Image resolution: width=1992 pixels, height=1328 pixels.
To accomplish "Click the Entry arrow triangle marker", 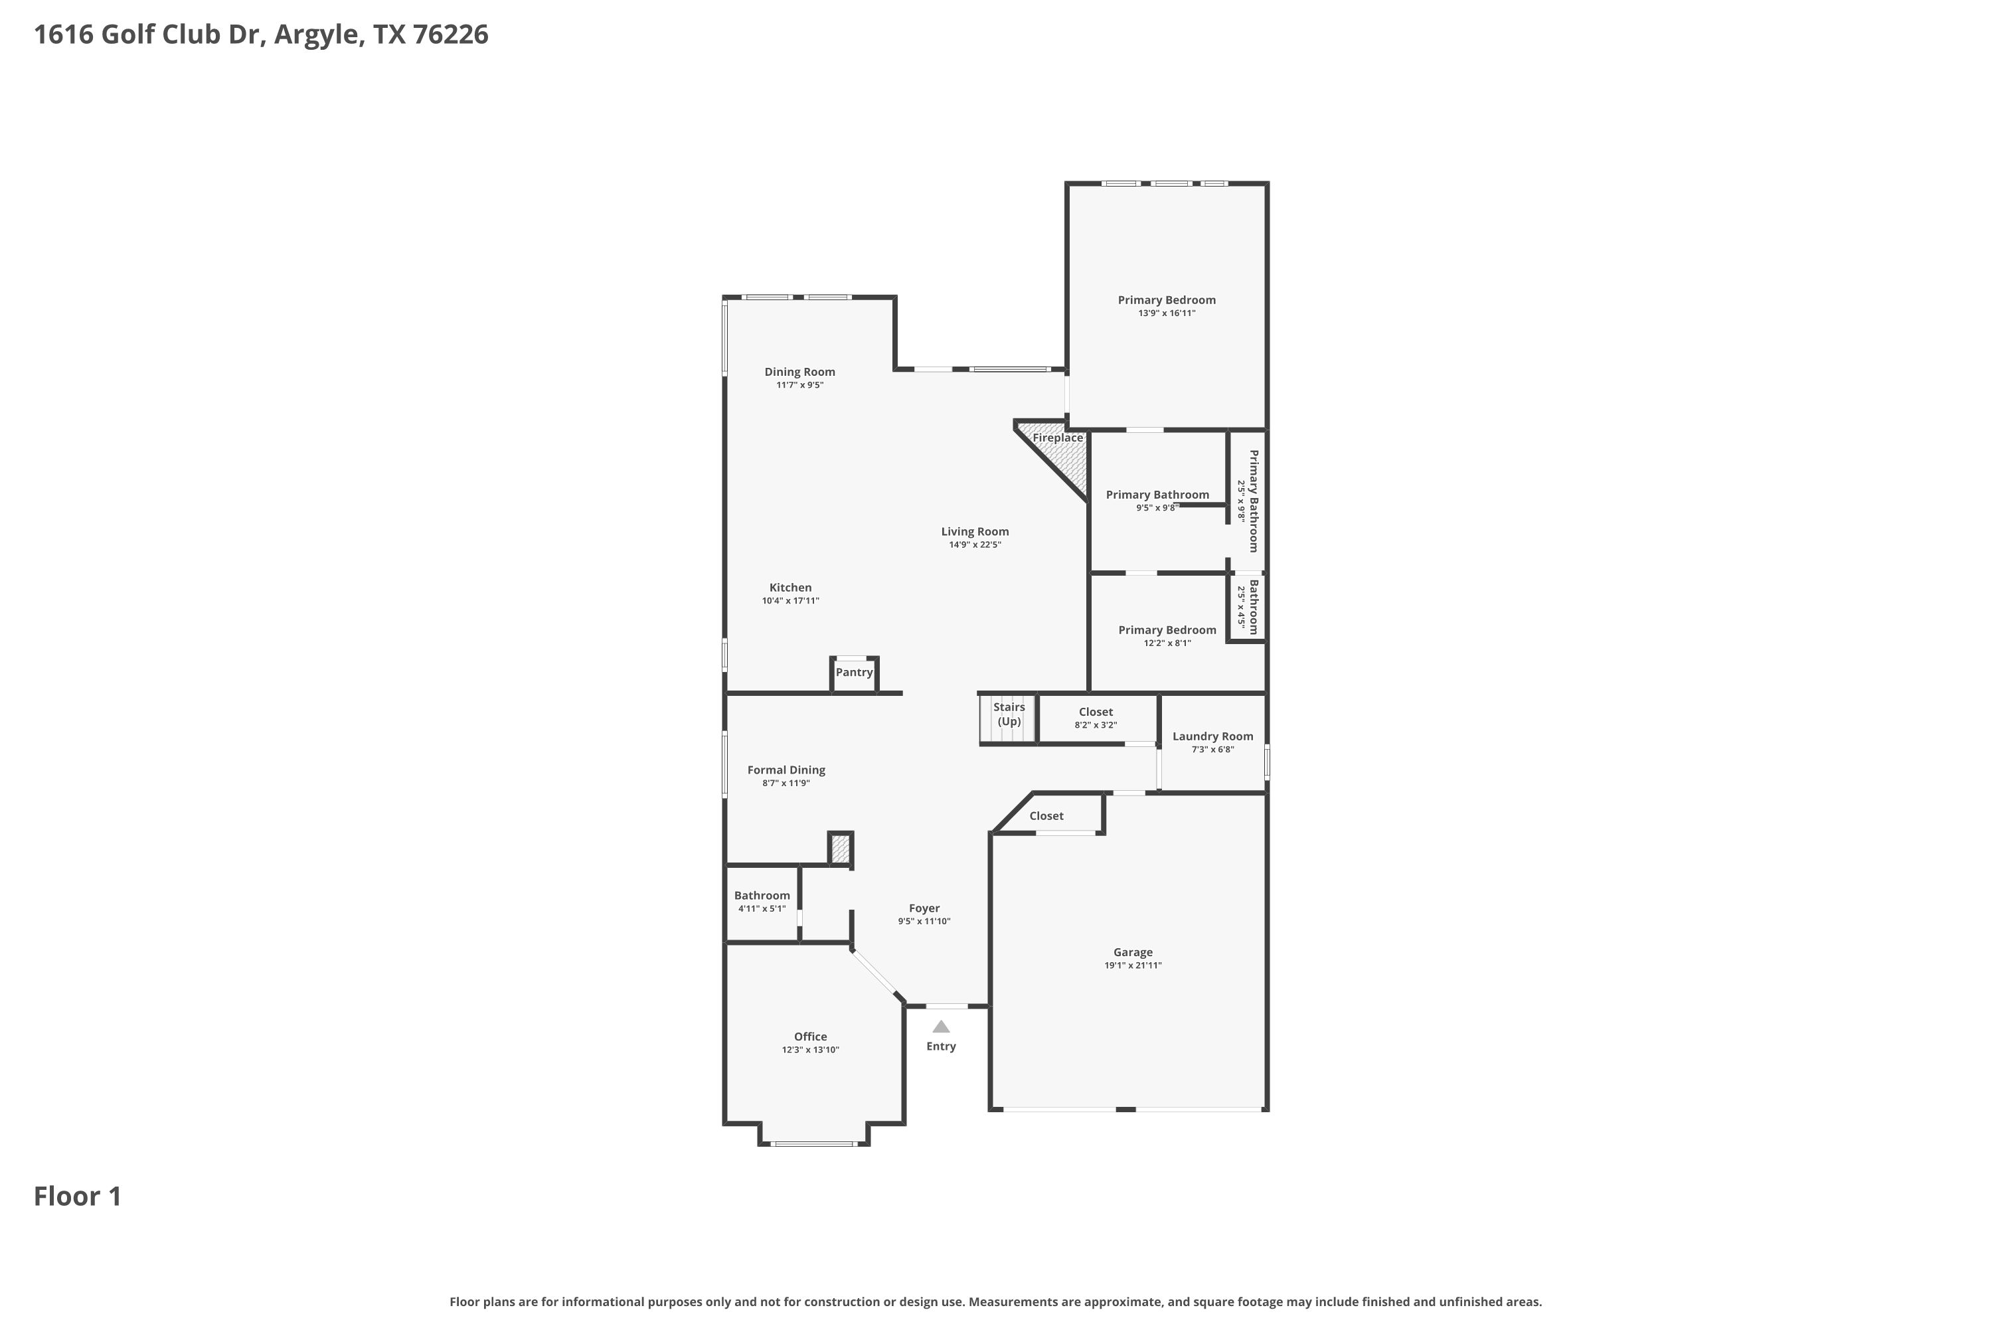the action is pyautogui.click(x=941, y=1027).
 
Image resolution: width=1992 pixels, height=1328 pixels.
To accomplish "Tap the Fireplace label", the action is pyautogui.click(x=1058, y=438).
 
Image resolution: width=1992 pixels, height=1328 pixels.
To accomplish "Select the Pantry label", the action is pyautogui.click(x=854, y=673).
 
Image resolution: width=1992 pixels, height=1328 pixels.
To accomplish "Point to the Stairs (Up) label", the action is pyautogui.click(x=1009, y=714).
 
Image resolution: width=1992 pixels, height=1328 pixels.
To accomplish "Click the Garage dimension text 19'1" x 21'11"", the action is pyautogui.click(x=1133, y=965).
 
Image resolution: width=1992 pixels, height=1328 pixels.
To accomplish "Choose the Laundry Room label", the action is pyautogui.click(x=1213, y=736).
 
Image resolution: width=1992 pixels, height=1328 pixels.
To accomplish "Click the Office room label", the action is pyautogui.click(x=811, y=1037).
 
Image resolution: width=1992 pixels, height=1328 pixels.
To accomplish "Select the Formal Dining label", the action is pyautogui.click(x=786, y=770).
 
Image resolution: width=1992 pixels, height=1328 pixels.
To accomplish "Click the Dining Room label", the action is pyautogui.click(x=799, y=372).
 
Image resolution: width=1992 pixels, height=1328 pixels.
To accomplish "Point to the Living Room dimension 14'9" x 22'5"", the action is pyautogui.click(x=975, y=545).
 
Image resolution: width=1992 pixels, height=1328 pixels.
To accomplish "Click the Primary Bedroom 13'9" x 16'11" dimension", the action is pyautogui.click(x=1167, y=313).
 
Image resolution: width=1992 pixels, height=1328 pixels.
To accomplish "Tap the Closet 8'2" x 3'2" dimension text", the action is pyautogui.click(x=1096, y=725).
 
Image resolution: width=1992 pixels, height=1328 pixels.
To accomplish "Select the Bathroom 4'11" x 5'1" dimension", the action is pyautogui.click(x=762, y=909).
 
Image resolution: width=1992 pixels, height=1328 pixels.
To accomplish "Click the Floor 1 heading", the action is pyautogui.click(x=78, y=1196).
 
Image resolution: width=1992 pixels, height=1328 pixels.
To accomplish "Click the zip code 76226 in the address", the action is pyautogui.click(x=451, y=35).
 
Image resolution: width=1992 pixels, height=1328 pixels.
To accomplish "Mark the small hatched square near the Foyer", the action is pyautogui.click(x=839, y=849).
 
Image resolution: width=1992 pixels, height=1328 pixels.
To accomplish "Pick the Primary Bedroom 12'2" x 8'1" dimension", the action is pyautogui.click(x=1167, y=643).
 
